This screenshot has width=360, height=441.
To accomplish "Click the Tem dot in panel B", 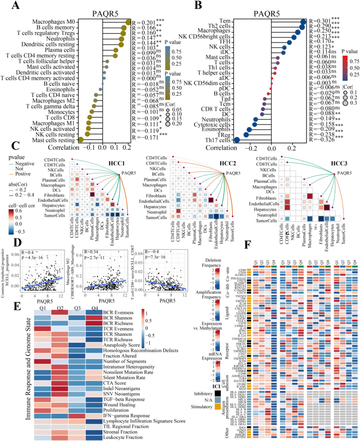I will coord(303,22).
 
